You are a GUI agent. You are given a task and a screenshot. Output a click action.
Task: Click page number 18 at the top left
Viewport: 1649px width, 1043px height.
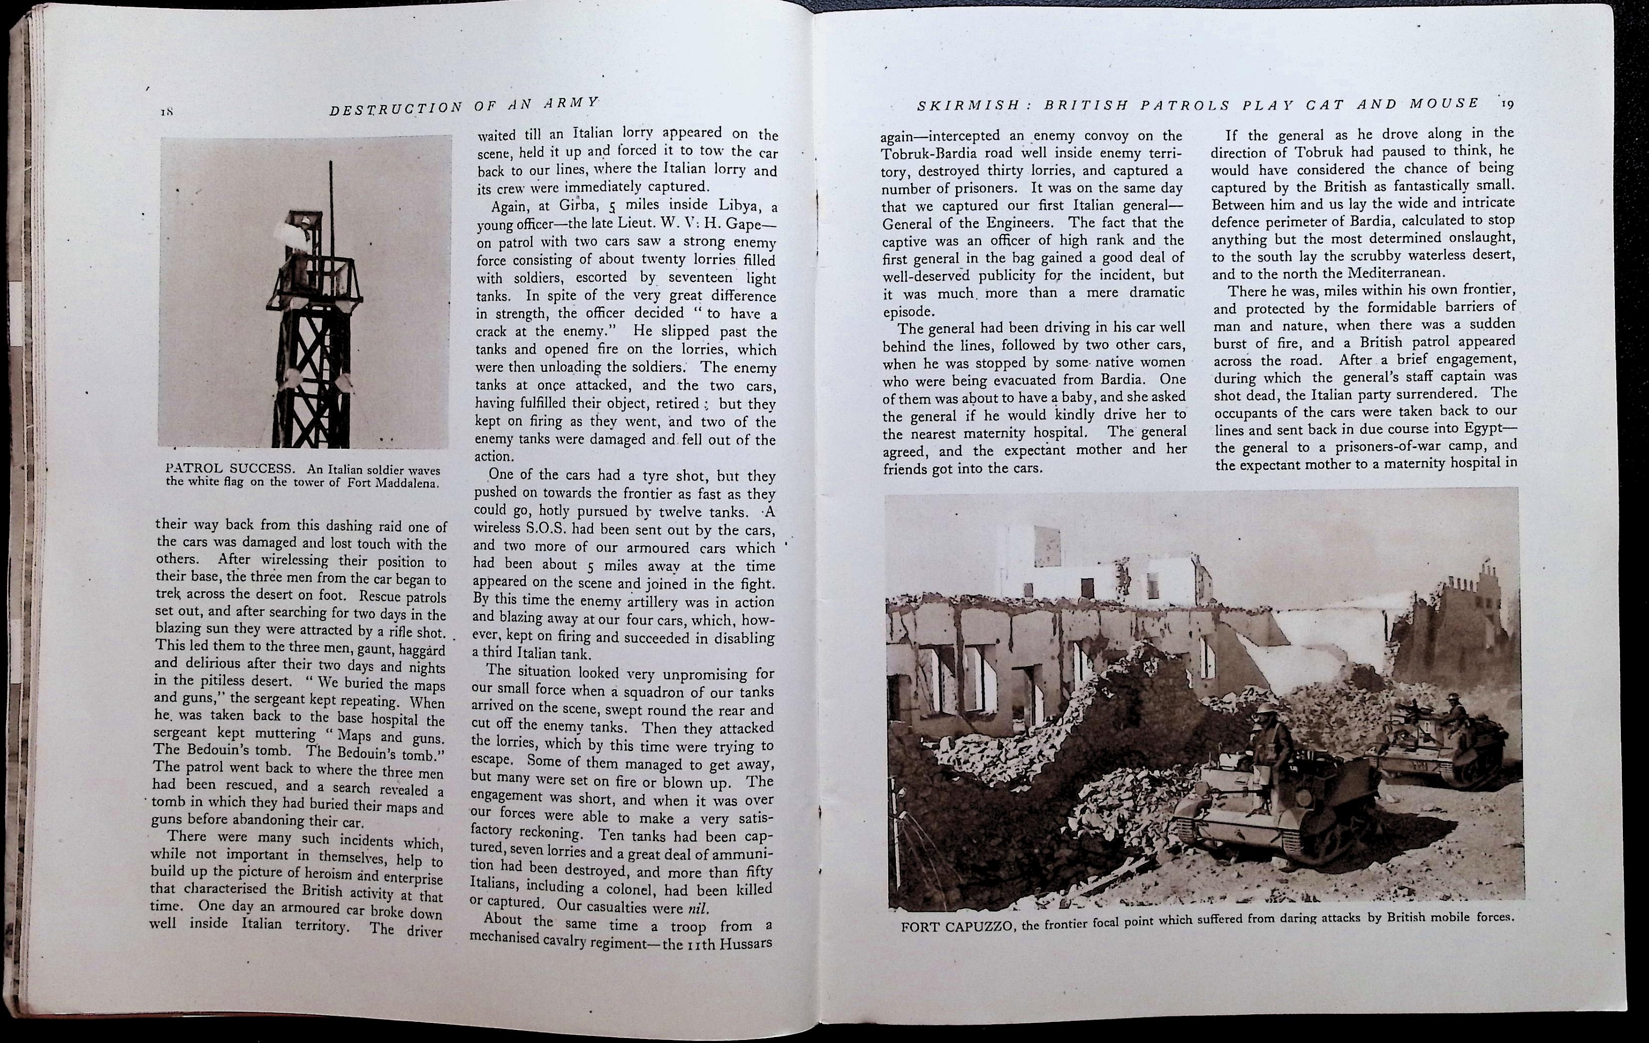coord(166,113)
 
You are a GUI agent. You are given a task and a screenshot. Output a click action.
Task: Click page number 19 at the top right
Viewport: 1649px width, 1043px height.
coord(1506,103)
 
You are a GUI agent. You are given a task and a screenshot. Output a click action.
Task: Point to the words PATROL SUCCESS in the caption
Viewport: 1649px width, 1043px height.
coord(230,469)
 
